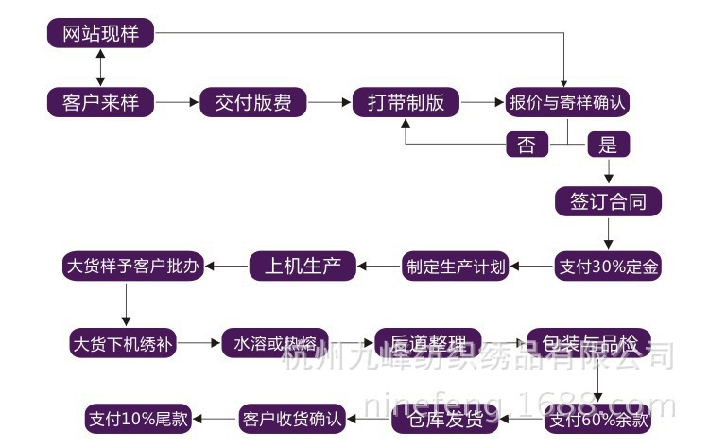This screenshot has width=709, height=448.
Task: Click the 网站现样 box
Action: [x=100, y=35]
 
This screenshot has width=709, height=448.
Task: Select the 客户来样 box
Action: [x=100, y=102]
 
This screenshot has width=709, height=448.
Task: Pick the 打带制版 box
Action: [x=406, y=102]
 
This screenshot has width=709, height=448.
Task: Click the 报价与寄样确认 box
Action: [x=568, y=102]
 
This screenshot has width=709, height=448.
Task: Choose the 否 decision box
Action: [x=527, y=144]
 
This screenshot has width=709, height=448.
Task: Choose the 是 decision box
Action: [x=608, y=144]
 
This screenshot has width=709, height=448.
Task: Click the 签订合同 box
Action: [x=608, y=200]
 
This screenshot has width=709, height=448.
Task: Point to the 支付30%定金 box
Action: [x=608, y=267]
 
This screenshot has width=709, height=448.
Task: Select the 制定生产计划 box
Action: [x=456, y=267]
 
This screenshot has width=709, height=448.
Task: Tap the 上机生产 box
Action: [x=303, y=267]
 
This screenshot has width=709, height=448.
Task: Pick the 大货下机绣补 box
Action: [x=126, y=342]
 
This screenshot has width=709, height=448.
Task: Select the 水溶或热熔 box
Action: [x=274, y=342]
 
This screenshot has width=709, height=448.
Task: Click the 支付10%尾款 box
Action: [x=138, y=417]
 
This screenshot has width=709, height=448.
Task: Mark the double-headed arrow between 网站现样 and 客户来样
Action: [x=100, y=68]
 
